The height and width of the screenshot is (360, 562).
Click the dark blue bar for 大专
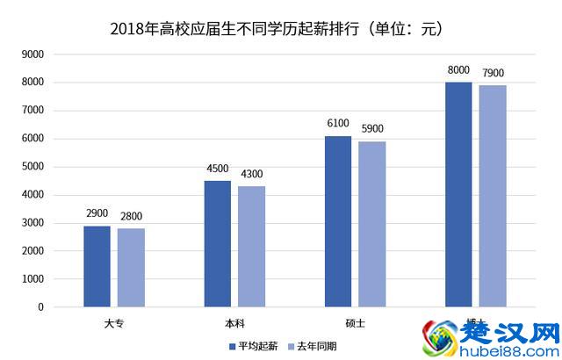point(97,266)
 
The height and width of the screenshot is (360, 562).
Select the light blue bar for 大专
point(131,268)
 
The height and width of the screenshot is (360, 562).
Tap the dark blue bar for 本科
point(218,244)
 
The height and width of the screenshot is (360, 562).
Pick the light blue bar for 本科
point(251,247)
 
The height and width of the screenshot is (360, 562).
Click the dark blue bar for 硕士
point(338,221)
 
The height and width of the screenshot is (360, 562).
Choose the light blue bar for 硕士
point(371,224)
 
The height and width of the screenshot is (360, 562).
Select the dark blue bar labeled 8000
point(458,194)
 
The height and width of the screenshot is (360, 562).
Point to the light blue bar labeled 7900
point(493,196)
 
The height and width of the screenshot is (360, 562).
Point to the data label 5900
point(371,129)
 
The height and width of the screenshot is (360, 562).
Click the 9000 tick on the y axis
point(32,54)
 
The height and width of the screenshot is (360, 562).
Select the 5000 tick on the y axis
point(32,167)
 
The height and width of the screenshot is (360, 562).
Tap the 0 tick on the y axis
point(40,307)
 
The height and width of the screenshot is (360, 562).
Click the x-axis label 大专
point(114,323)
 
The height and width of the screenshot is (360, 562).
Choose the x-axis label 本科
point(234,323)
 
